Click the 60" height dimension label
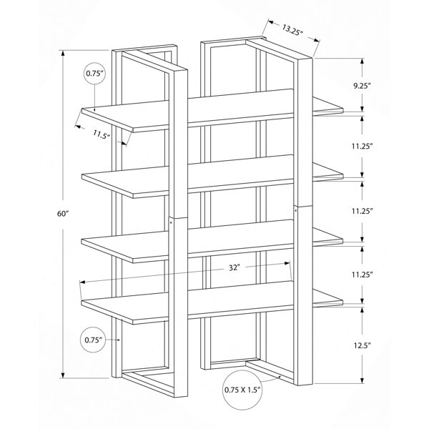click(x=62, y=214)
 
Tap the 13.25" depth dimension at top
click(x=292, y=29)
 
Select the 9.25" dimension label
click(x=362, y=87)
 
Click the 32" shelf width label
click(x=235, y=267)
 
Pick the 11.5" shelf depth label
click(x=102, y=134)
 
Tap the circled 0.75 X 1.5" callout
click(x=242, y=390)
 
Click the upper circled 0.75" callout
click(x=94, y=73)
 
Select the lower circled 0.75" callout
click(x=93, y=340)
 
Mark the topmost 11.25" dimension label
click(x=363, y=147)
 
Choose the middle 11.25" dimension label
click(x=363, y=211)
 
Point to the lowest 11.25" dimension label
click(x=363, y=275)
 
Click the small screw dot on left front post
click(x=171, y=222)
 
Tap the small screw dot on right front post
click(x=296, y=210)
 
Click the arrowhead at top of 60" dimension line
click(x=63, y=54)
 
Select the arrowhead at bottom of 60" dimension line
click(x=63, y=375)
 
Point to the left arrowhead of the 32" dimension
click(x=83, y=282)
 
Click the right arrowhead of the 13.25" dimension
click(x=317, y=40)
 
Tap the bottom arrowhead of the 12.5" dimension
click(x=363, y=380)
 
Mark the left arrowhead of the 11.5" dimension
click(x=78, y=127)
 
